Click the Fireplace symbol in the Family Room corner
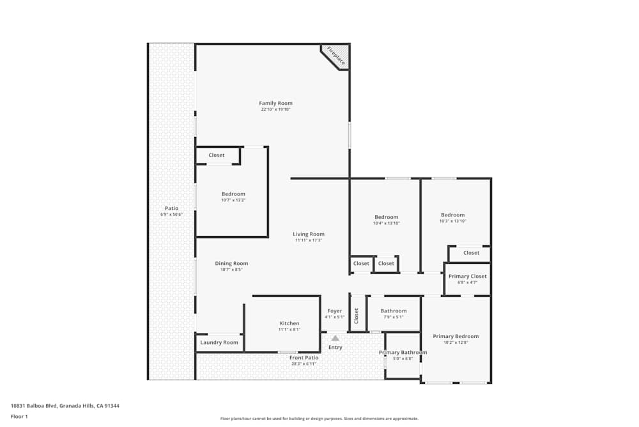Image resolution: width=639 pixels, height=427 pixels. click(x=337, y=56)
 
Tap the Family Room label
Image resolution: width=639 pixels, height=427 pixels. click(x=275, y=103)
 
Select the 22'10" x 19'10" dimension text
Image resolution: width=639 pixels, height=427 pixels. click(x=275, y=109)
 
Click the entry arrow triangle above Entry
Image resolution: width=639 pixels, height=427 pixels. click(x=335, y=337)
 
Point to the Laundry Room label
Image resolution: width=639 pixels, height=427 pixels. click(x=219, y=342)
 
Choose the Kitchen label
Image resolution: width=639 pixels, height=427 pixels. click(x=289, y=323)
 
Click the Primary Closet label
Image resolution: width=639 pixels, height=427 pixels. click(x=467, y=276)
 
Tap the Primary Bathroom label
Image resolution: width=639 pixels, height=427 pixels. click(x=403, y=353)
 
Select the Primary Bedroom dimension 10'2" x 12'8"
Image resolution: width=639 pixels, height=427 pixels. click(x=455, y=342)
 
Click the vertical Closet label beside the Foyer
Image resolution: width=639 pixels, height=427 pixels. click(x=357, y=315)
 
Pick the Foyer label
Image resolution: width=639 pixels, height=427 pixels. click(x=335, y=311)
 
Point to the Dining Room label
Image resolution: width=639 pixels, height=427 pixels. click(x=231, y=263)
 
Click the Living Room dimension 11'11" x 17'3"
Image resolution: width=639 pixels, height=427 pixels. click(x=309, y=240)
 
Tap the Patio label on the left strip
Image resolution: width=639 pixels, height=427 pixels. click(x=171, y=208)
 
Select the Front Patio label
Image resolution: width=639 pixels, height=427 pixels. click(x=304, y=358)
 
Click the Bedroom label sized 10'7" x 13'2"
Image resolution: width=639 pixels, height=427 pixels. click(x=233, y=194)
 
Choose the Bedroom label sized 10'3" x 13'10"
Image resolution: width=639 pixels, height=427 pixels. click(x=452, y=215)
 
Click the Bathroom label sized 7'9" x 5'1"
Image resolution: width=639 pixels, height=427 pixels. click(x=394, y=311)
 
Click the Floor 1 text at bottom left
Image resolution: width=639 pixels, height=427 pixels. click(x=19, y=416)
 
